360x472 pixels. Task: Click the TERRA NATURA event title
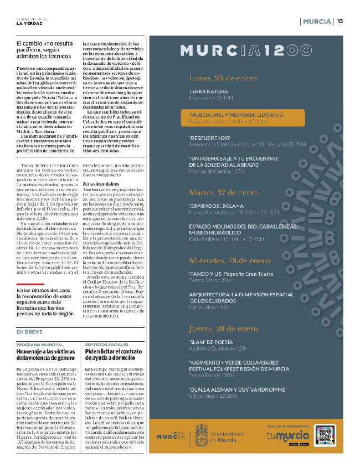click(208, 91)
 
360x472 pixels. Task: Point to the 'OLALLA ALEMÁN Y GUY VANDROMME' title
click(236, 390)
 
